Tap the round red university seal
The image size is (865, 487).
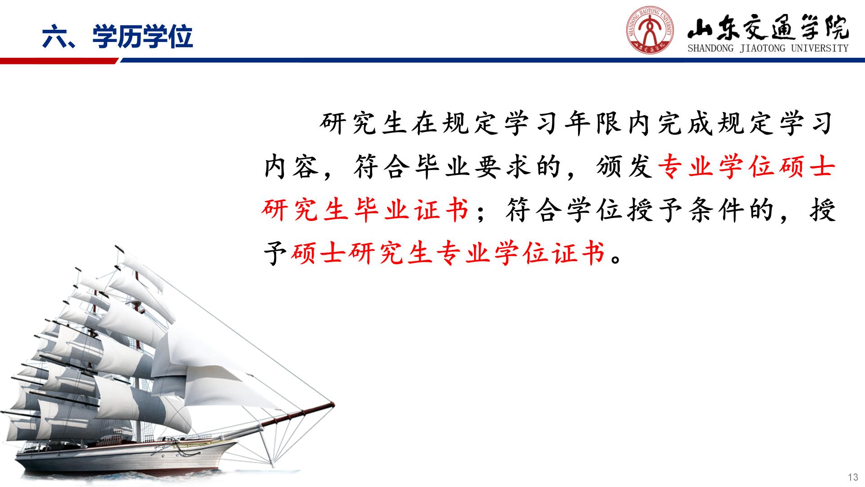(x=650, y=32)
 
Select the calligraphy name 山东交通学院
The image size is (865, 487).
(x=768, y=29)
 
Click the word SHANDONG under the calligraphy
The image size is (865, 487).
(x=710, y=48)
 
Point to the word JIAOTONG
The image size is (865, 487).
(x=762, y=48)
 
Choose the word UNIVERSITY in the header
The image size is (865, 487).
(x=820, y=48)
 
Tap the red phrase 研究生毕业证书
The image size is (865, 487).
(x=365, y=210)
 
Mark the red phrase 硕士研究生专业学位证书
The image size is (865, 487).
(x=448, y=253)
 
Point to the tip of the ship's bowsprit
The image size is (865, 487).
(x=333, y=403)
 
